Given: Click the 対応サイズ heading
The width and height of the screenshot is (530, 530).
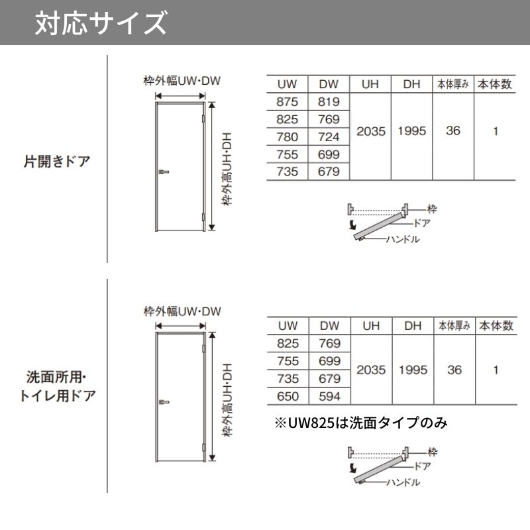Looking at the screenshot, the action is click(x=101, y=23).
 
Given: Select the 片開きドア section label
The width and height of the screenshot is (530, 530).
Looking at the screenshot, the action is click(x=57, y=161).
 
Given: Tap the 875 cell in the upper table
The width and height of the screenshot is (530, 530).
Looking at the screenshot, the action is click(x=287, y=102).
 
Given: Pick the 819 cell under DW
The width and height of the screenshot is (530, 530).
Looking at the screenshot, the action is click(x=329, y=102).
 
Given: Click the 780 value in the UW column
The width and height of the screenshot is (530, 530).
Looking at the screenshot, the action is click(x=287, y=137).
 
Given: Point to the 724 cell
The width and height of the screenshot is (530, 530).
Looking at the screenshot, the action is click(x=329, y=137).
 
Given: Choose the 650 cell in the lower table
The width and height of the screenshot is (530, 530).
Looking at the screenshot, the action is click(x=288, y=396).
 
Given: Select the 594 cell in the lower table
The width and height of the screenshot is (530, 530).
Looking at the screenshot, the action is click(x=329, y=396).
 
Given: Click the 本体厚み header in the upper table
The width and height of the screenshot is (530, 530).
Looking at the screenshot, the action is click(x=453, y=84).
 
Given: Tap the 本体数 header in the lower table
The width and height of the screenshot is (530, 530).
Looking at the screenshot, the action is click(x=496, y=326).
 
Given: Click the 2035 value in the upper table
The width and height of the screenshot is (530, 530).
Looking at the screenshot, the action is click(x=371, y=131).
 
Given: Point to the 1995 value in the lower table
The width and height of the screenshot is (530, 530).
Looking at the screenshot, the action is click(x=413, y=370).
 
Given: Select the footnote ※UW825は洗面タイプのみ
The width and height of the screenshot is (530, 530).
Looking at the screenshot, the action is click(x=361, y=423).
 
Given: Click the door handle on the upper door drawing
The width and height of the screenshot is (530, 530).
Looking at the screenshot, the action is click(x=164, y=172).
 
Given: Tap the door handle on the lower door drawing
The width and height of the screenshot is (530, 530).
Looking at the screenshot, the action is click(x=164, y=402).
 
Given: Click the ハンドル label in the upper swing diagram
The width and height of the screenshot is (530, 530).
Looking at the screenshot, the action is click(x=403, y=239).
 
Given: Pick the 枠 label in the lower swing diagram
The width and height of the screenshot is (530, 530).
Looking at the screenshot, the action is click(x=433, y=452).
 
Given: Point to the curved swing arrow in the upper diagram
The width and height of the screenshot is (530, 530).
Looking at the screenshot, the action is click(x=352, y=225).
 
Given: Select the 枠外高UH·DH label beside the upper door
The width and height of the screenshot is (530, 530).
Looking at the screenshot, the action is click(x=227, y=169).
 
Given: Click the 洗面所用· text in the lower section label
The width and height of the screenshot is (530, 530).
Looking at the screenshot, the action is click(x=56, y=377).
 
